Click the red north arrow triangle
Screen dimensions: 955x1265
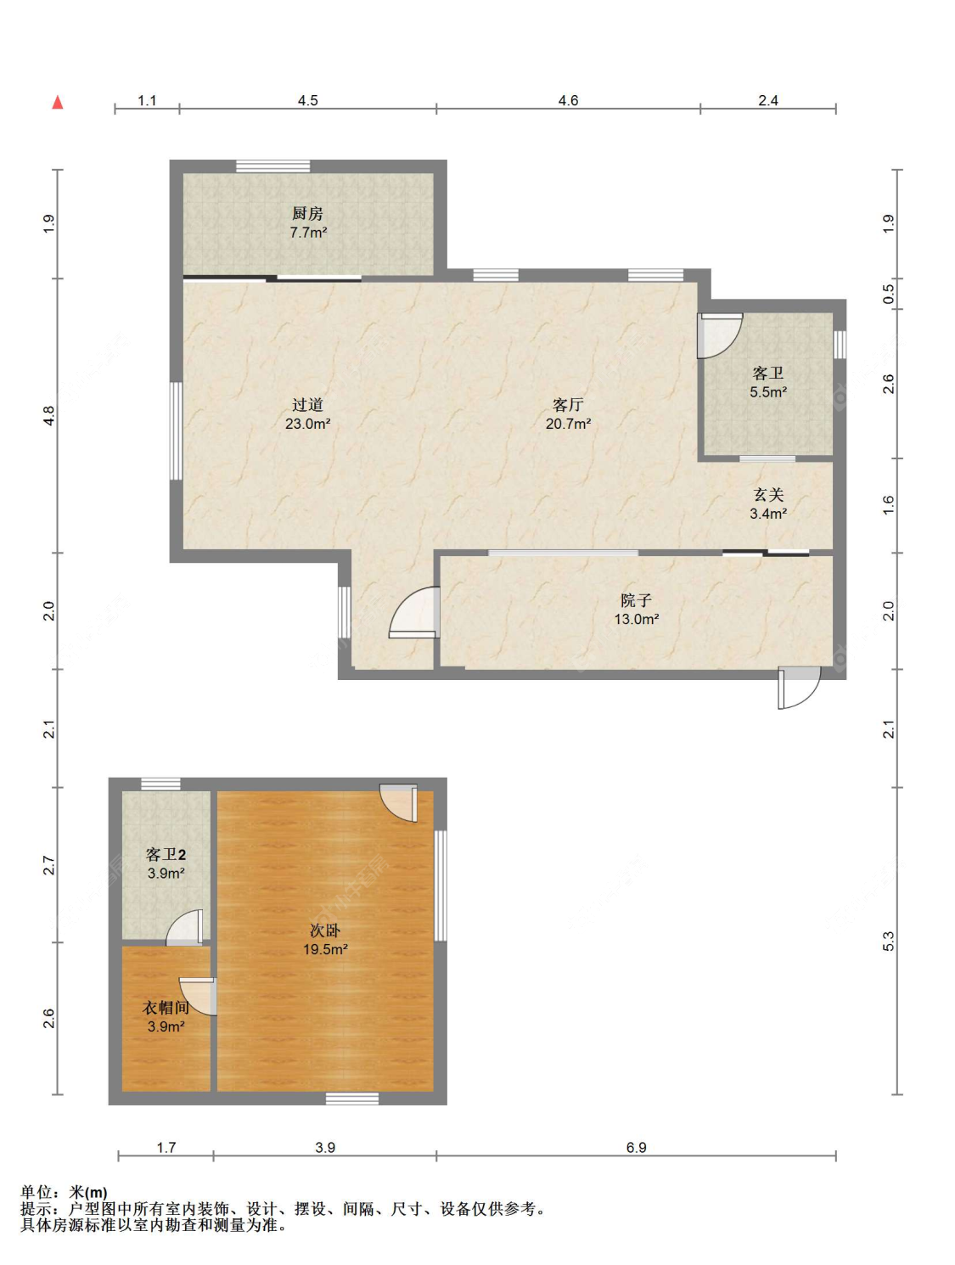point(58,103)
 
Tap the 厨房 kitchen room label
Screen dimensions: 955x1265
point(307,214)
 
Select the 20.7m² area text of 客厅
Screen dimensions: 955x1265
point(568,424)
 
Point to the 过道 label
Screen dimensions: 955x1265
point(307,405)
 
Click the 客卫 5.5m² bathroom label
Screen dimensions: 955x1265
point(767,383)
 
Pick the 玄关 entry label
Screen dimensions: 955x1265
point(768,494)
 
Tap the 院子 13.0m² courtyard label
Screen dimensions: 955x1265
point(636,610)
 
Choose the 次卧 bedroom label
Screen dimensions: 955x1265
point(325,930)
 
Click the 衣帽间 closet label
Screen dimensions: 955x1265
point(166,1008)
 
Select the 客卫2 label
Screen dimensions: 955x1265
point(166,853)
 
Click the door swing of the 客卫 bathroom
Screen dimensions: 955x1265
point(719,335)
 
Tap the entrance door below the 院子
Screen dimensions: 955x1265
point(798,688)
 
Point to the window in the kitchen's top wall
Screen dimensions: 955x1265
point(273,166)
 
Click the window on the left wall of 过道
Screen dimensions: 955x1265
point(177,430)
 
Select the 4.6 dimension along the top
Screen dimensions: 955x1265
point(568,100)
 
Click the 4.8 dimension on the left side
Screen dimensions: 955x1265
point(49,415)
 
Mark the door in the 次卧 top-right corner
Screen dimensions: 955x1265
point(398,802)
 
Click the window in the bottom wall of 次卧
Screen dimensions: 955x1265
point(352,1099)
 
